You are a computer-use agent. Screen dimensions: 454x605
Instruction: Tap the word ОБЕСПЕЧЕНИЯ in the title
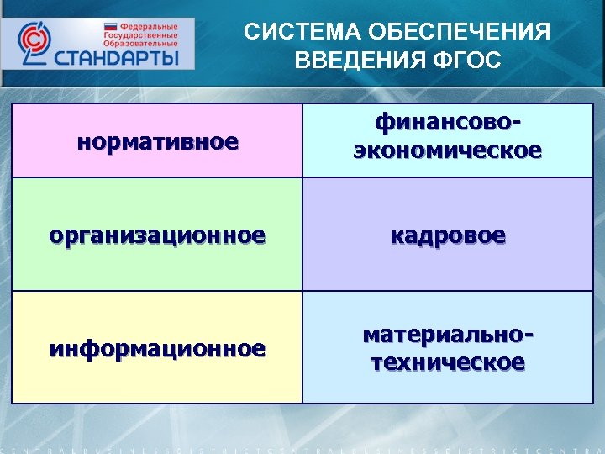pyautogui.click(x=446, y=33)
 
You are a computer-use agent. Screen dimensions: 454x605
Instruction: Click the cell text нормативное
pyautogui.click(x=157, y=141)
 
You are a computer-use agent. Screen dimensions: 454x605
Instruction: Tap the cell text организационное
pyautogui.click(x=157, y=235)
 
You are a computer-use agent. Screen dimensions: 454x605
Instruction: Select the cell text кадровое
pyautogui.click(x=447, y=235)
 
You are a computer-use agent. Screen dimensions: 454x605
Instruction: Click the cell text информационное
pyautogui.click(x=157, y=347)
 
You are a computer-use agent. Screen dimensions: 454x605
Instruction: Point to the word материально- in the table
pyautogui.click(x=447, y=334)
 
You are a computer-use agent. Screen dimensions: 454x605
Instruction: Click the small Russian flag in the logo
pyautogui.click(x=109, y=27)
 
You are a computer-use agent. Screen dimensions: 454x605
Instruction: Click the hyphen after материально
pyautogui.click(x=529, y=335)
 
